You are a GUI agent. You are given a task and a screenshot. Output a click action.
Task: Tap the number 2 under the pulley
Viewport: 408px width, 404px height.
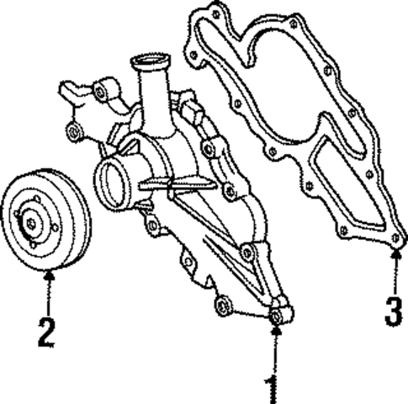[x=46, y=332]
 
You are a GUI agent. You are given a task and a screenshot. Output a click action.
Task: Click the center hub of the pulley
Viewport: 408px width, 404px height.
[x=31, y=223]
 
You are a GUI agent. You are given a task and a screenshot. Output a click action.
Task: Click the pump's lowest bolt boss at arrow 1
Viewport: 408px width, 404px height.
[x=277, y=316]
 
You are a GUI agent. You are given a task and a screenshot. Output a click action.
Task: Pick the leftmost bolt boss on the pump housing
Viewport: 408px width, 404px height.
[x=72, y=131]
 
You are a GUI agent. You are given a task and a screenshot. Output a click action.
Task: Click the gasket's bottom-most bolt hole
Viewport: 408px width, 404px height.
[x=394, y=240]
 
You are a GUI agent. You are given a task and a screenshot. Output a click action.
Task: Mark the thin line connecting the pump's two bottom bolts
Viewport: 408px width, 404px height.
[x=249, y=311]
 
